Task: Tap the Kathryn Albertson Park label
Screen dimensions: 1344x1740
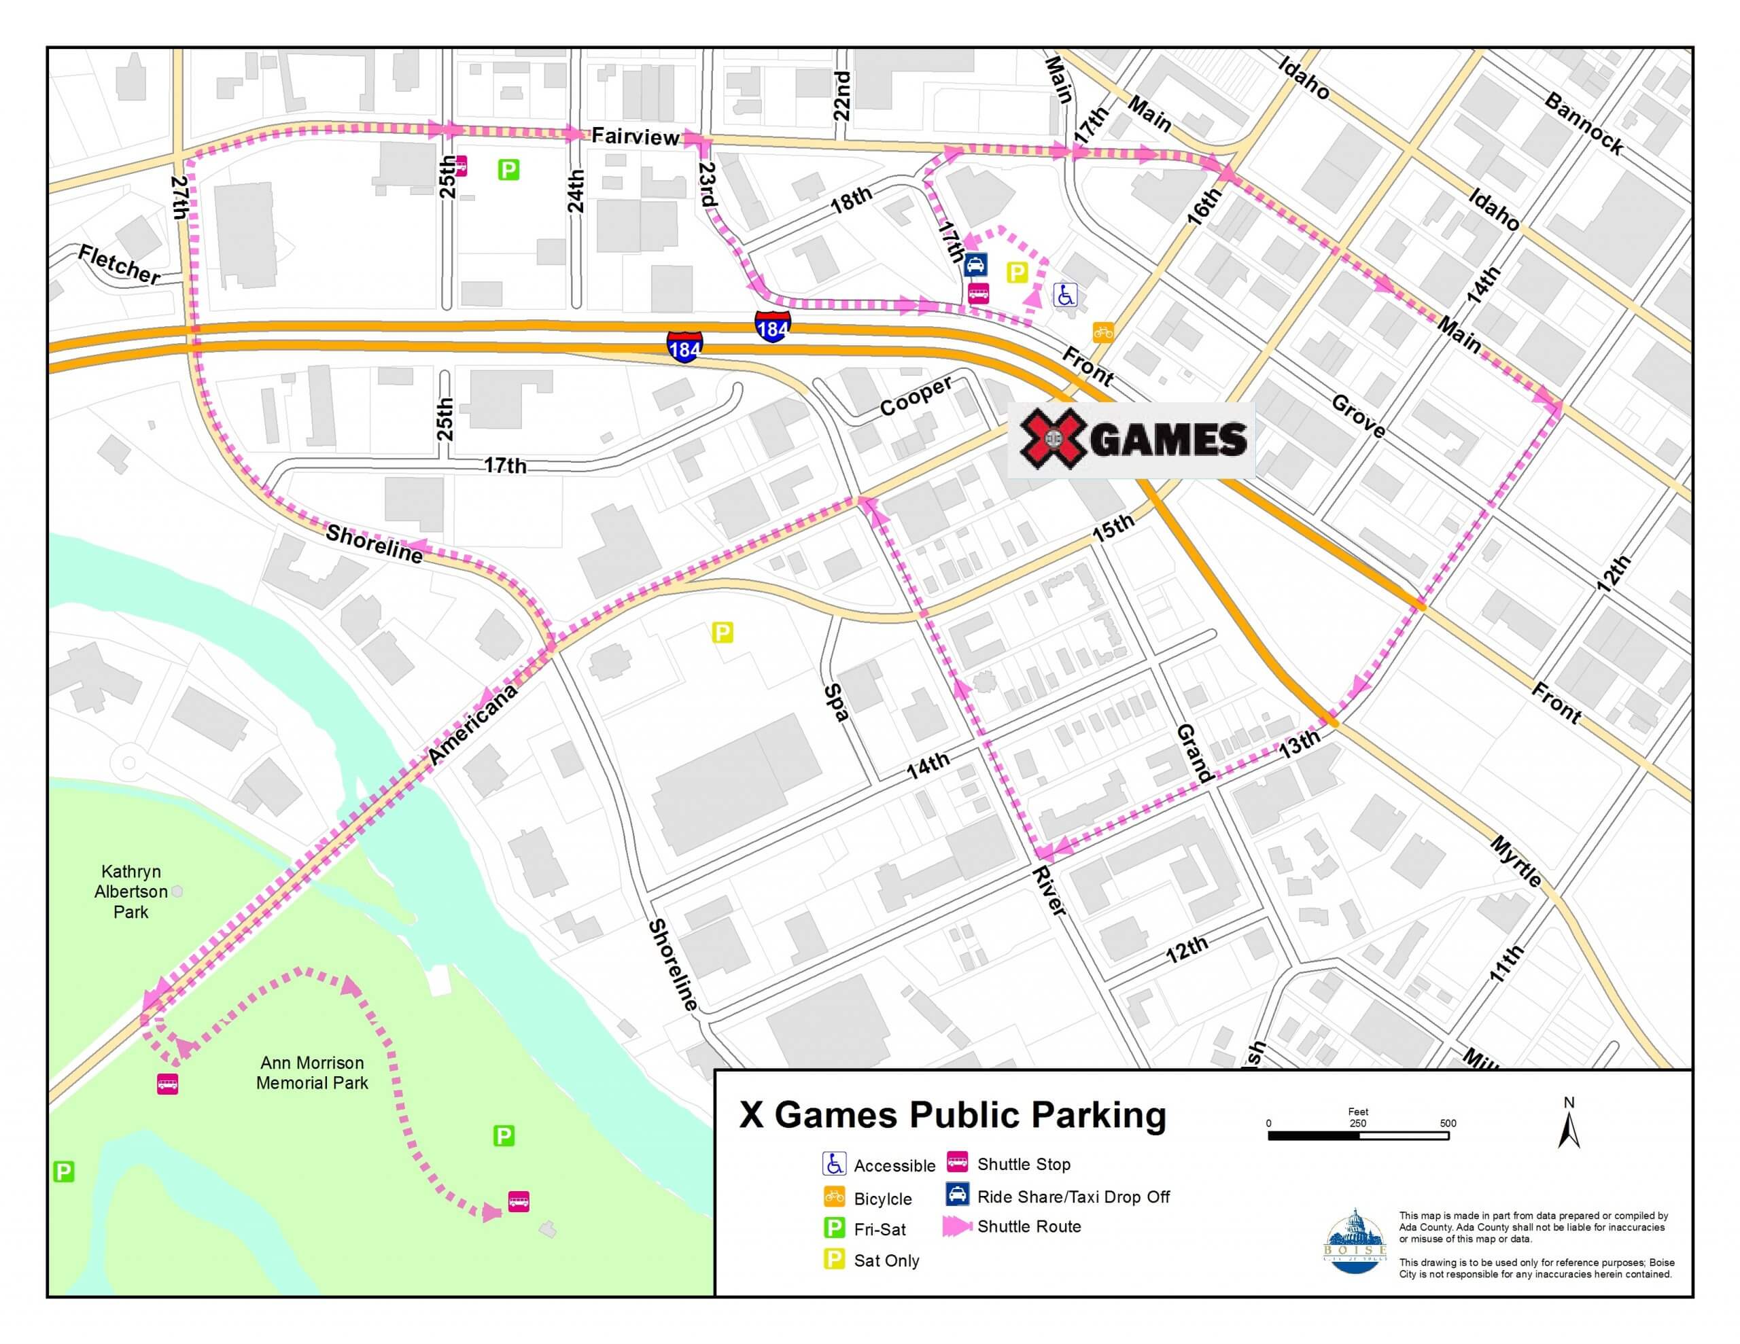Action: click(130, 891)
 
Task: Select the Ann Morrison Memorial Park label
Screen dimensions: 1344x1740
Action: click(311, 1072)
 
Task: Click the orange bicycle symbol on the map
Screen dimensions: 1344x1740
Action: click(1102, 332)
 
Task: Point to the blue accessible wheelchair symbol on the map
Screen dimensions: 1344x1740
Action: click(1065, 296)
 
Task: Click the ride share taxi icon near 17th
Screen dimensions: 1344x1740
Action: click(976, 264)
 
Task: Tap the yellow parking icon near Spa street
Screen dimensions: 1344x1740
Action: click(722, 633)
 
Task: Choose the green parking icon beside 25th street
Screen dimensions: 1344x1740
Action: click(508, 169)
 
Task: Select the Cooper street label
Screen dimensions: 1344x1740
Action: click(916, 396)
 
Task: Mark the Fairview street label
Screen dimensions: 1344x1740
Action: click(635, 137)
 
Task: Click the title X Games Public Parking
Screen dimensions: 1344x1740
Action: click(953, 1114)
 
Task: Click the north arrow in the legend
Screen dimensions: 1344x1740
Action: click(1569, 1126)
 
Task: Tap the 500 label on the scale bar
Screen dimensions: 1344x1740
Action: click(1448, 1123)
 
